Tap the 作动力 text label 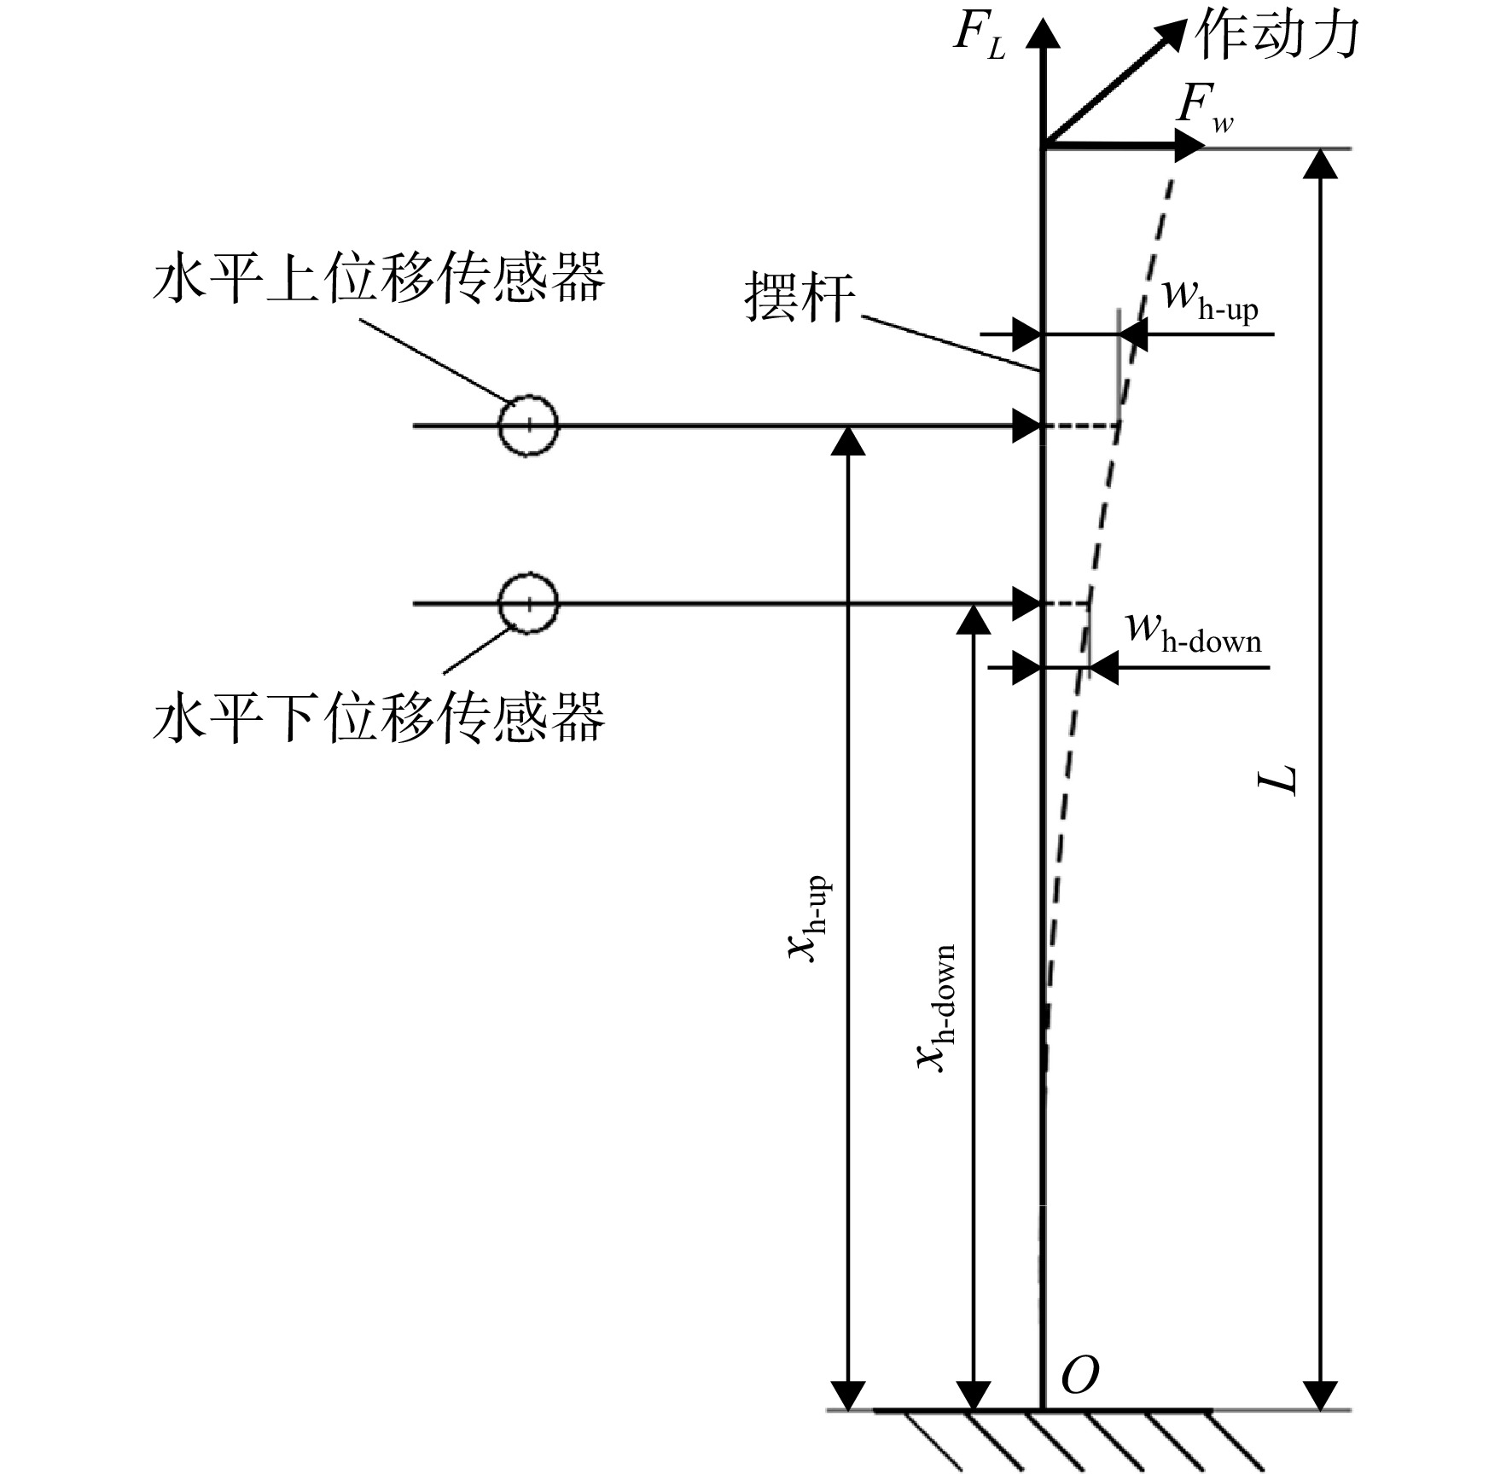(x=1276, y=36)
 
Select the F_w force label (x=1204, y=109)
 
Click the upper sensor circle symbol (x=528, y=426)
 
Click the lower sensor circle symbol (x=528, y=604)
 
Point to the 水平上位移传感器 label (x=379, y=276)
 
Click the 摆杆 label (x=800, y=298)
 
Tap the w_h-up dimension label (x=1210, y=300)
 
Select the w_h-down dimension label (x=1194, y=632)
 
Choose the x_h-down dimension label (x=935, y=1007)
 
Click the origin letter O (x=1079, y=1375)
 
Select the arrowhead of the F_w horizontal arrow (x=1189, y=146)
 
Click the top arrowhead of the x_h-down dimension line (x=974, y=620)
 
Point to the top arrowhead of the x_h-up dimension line (x=847, y=440)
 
